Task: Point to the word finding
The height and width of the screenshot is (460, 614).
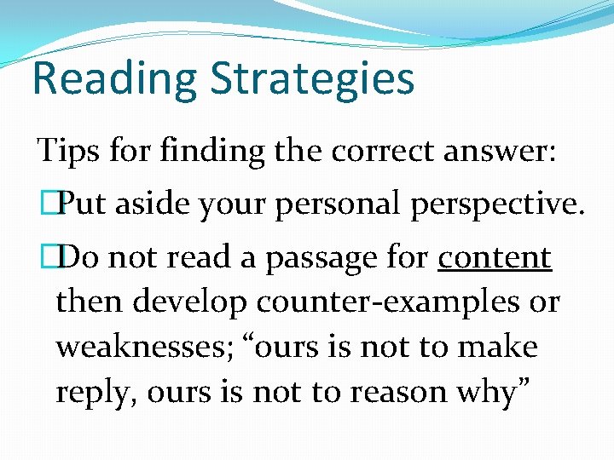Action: (x=191, y=151)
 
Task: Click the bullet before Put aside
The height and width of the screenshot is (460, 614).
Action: (x=49, y=204)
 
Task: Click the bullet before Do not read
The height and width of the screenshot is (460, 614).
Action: (x=49, y=257)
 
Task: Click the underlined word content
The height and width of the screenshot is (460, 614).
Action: (x=495, y=257)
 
